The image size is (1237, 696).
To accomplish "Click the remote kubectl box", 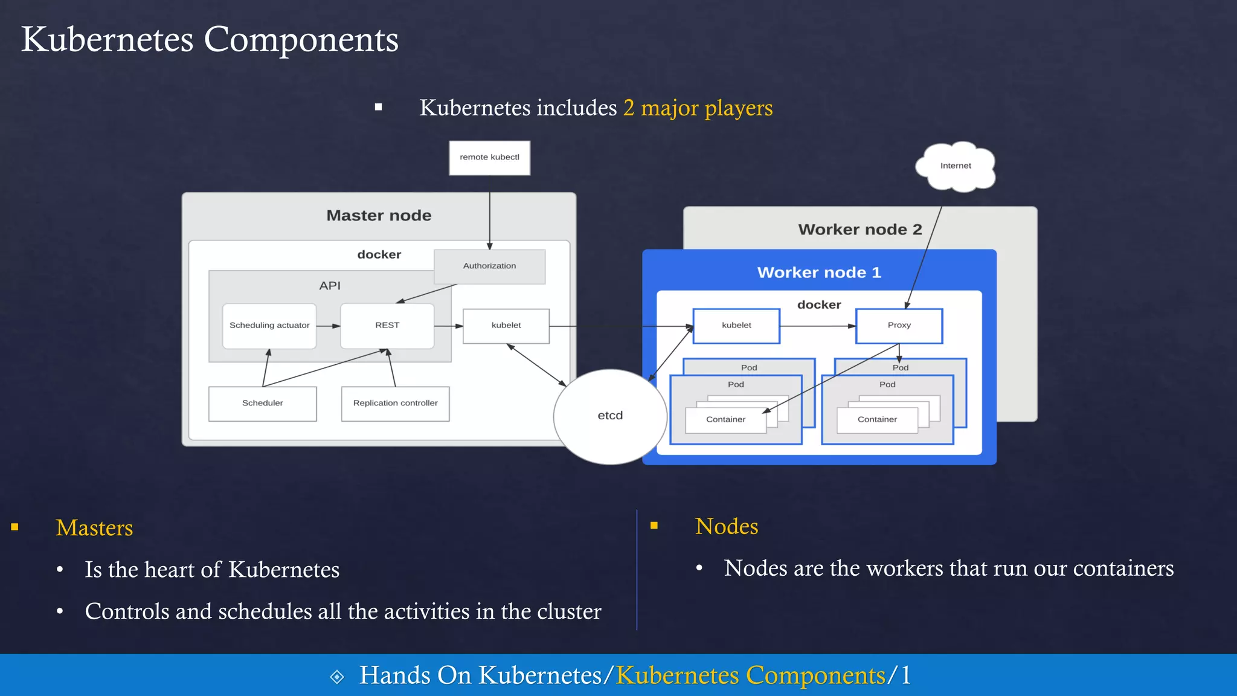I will pos(489,158).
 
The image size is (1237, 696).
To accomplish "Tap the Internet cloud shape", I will pos(955,166).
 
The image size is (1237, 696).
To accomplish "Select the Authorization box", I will pos(489,266).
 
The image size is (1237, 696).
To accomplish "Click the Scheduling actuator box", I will pos(269,326).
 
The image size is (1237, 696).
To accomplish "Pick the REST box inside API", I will pos(387,326).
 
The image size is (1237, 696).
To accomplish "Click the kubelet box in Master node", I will pos(506,326).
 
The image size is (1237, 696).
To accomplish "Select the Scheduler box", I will pos(262,404).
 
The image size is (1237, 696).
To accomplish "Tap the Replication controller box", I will pos(395,404).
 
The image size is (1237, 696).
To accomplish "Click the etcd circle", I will pos(610,416).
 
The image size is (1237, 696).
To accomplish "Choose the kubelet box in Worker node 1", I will pos(736,326).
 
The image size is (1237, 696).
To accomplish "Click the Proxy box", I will pos(899,326).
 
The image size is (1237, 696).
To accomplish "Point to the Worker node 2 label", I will pos(859,230).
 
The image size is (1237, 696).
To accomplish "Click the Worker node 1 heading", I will pos(819,272).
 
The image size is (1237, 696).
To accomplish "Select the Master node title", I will pos(379,216).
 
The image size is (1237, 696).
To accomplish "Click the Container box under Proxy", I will pos(877,420).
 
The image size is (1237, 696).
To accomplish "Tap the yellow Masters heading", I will pos(94,528).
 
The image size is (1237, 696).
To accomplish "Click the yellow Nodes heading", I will pos(726,526).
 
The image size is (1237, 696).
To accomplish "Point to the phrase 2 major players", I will pos(698,108).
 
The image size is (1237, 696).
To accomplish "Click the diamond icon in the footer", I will pos(337,677).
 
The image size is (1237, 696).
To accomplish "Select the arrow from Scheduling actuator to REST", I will pos(328,326).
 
